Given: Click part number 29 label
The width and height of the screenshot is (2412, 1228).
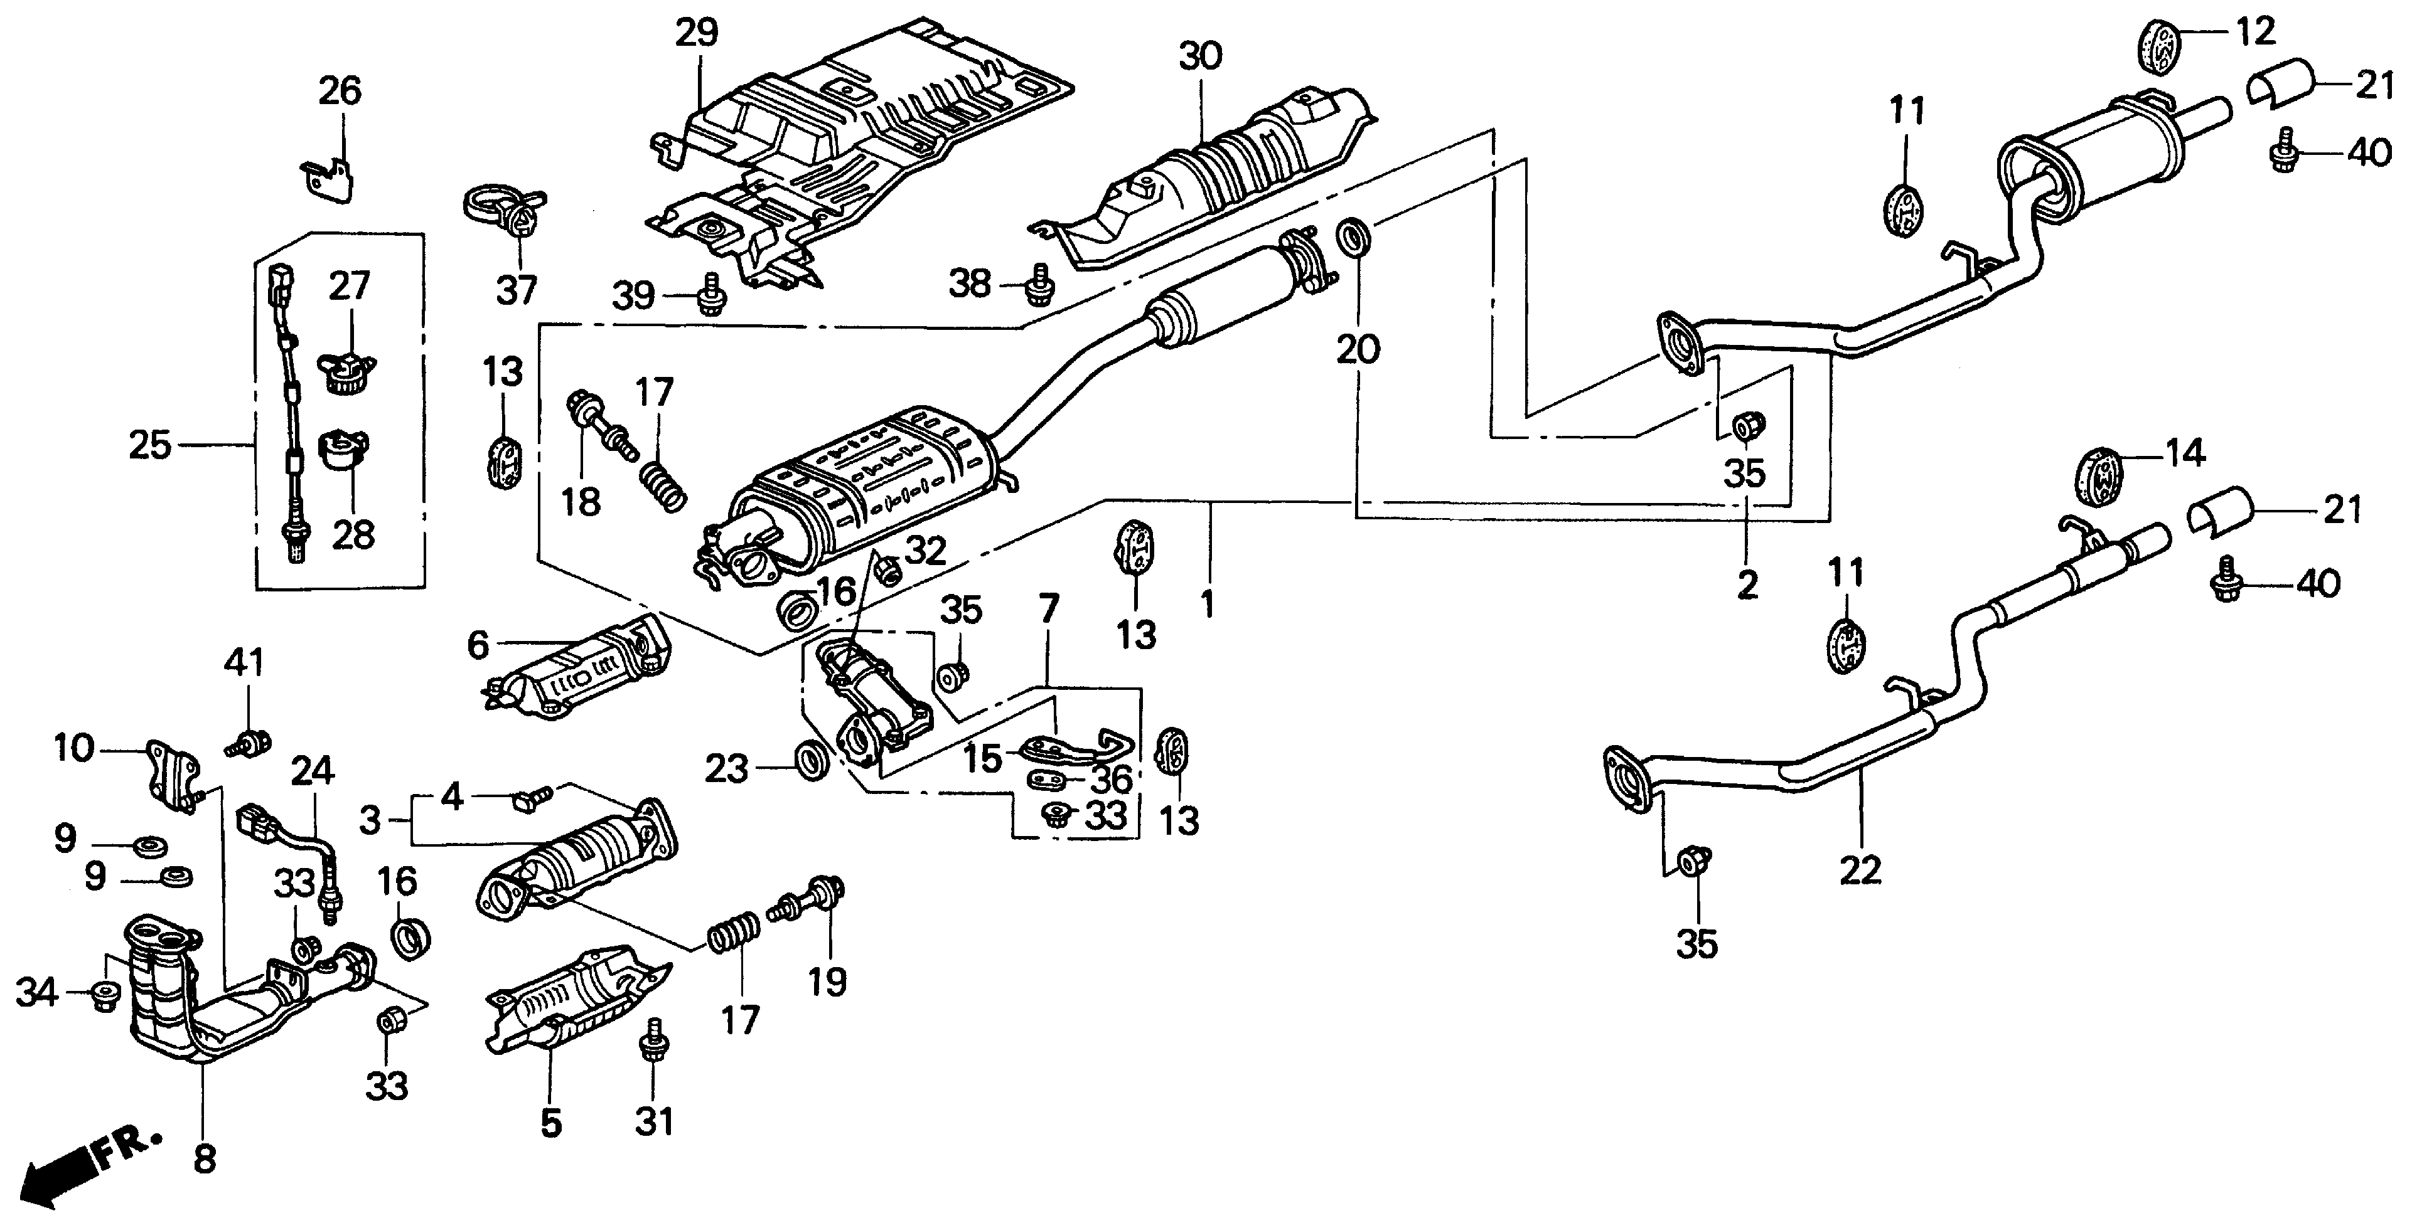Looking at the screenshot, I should [697, 32].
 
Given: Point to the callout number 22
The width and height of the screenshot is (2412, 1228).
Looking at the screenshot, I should [1860, 871].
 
